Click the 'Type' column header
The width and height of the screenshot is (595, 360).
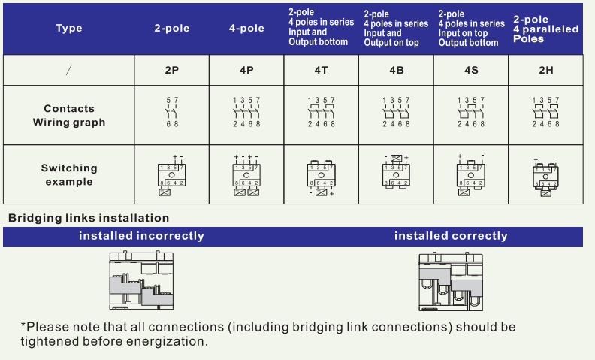tap(69, 29)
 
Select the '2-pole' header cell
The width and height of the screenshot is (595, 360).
tap(172, 29)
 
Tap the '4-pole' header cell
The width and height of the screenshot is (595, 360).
tap(246, 29)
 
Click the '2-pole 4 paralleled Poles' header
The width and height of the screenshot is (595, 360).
tap(546, 29)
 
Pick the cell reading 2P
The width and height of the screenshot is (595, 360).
tap(172, 70)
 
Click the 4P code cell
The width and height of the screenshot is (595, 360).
tap(246, 70)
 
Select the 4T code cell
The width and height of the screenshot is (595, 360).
tap(322, 70)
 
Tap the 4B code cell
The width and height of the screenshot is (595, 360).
tap(397, 70)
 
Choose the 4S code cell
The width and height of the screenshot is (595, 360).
tap(471, 70)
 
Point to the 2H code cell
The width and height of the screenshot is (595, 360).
tap(546, 70)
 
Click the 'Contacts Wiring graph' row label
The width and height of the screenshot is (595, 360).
tap(69, 115)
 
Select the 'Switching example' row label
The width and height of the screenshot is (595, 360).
tap(69, 174)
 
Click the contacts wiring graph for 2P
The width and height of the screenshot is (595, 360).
tap(172, 112)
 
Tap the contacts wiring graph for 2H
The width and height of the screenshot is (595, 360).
tap(546, 112)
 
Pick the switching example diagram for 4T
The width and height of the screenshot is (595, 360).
tap(322, 177)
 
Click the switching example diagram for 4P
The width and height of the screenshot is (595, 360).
tap(246, 176)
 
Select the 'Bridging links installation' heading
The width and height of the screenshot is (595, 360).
tap(89, 218)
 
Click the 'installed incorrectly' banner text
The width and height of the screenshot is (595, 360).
tap(142, 236)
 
